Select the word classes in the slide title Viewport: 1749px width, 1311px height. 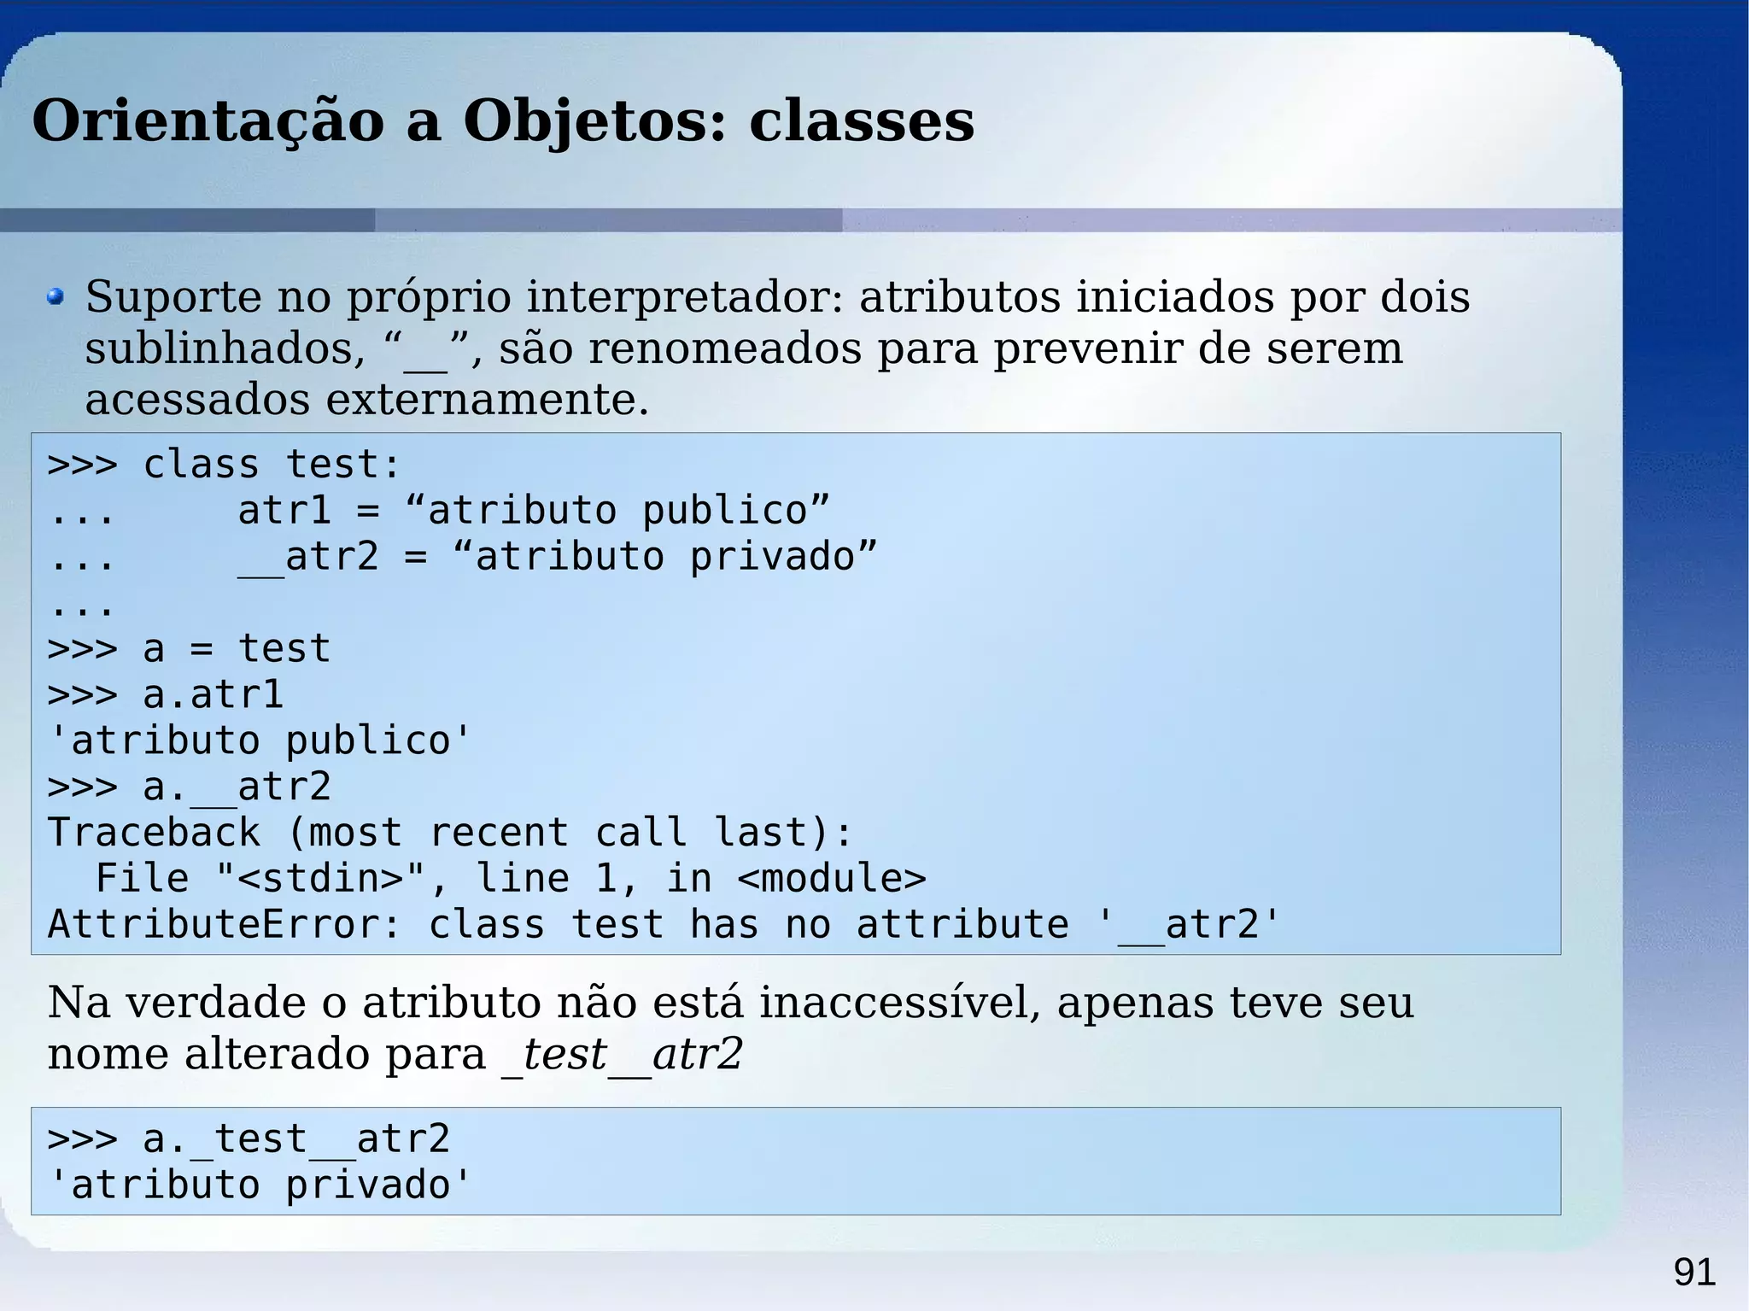point(861,121)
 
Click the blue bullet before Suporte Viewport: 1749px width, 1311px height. point(56,297)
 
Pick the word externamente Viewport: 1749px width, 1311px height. point(487,400)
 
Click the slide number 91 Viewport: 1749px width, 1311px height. point(1694,1273)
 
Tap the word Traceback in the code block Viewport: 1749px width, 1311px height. point(154,833)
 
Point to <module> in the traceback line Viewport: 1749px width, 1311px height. point(831,879)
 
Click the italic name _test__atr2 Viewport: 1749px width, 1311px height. point(622,1054)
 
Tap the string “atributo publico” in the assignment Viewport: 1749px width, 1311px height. point(617,511)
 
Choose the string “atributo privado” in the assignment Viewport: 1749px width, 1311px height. point(664,557)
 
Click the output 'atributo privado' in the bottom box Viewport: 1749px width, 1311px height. point(260,1185)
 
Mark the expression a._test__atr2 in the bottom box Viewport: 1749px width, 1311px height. point(296,1139)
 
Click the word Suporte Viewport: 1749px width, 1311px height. point(173,297)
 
